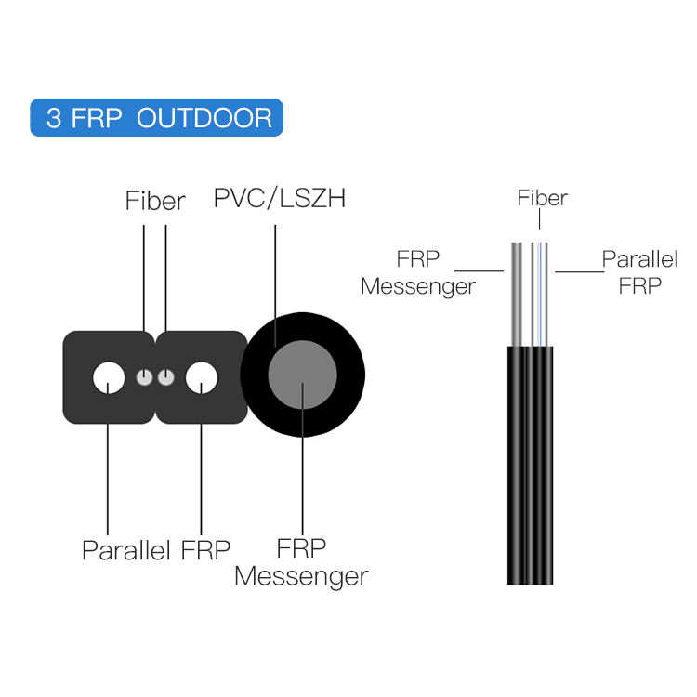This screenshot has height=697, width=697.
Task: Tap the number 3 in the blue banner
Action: [x=54, y=119]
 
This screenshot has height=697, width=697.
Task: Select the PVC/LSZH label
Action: [x=279, y=199]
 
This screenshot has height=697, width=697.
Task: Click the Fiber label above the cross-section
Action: [x=155, y=201]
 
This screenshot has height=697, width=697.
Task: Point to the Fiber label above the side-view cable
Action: [x=542, y=198]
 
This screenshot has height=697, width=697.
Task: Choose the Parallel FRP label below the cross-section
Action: [x=155, y=549]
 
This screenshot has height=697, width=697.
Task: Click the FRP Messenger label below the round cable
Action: [x=301, y=562]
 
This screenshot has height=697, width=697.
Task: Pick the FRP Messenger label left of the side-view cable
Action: [x=418, y=272]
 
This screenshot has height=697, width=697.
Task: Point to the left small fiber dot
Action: [x=144, y=377]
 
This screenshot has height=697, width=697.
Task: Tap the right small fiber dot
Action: [x=165, y=377]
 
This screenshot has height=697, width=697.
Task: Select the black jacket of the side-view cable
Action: [x=532, y=465]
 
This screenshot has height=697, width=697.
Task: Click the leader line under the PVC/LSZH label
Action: [x=275, y=279]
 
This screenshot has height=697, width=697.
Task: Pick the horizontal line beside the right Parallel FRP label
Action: [x=578, y=271]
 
